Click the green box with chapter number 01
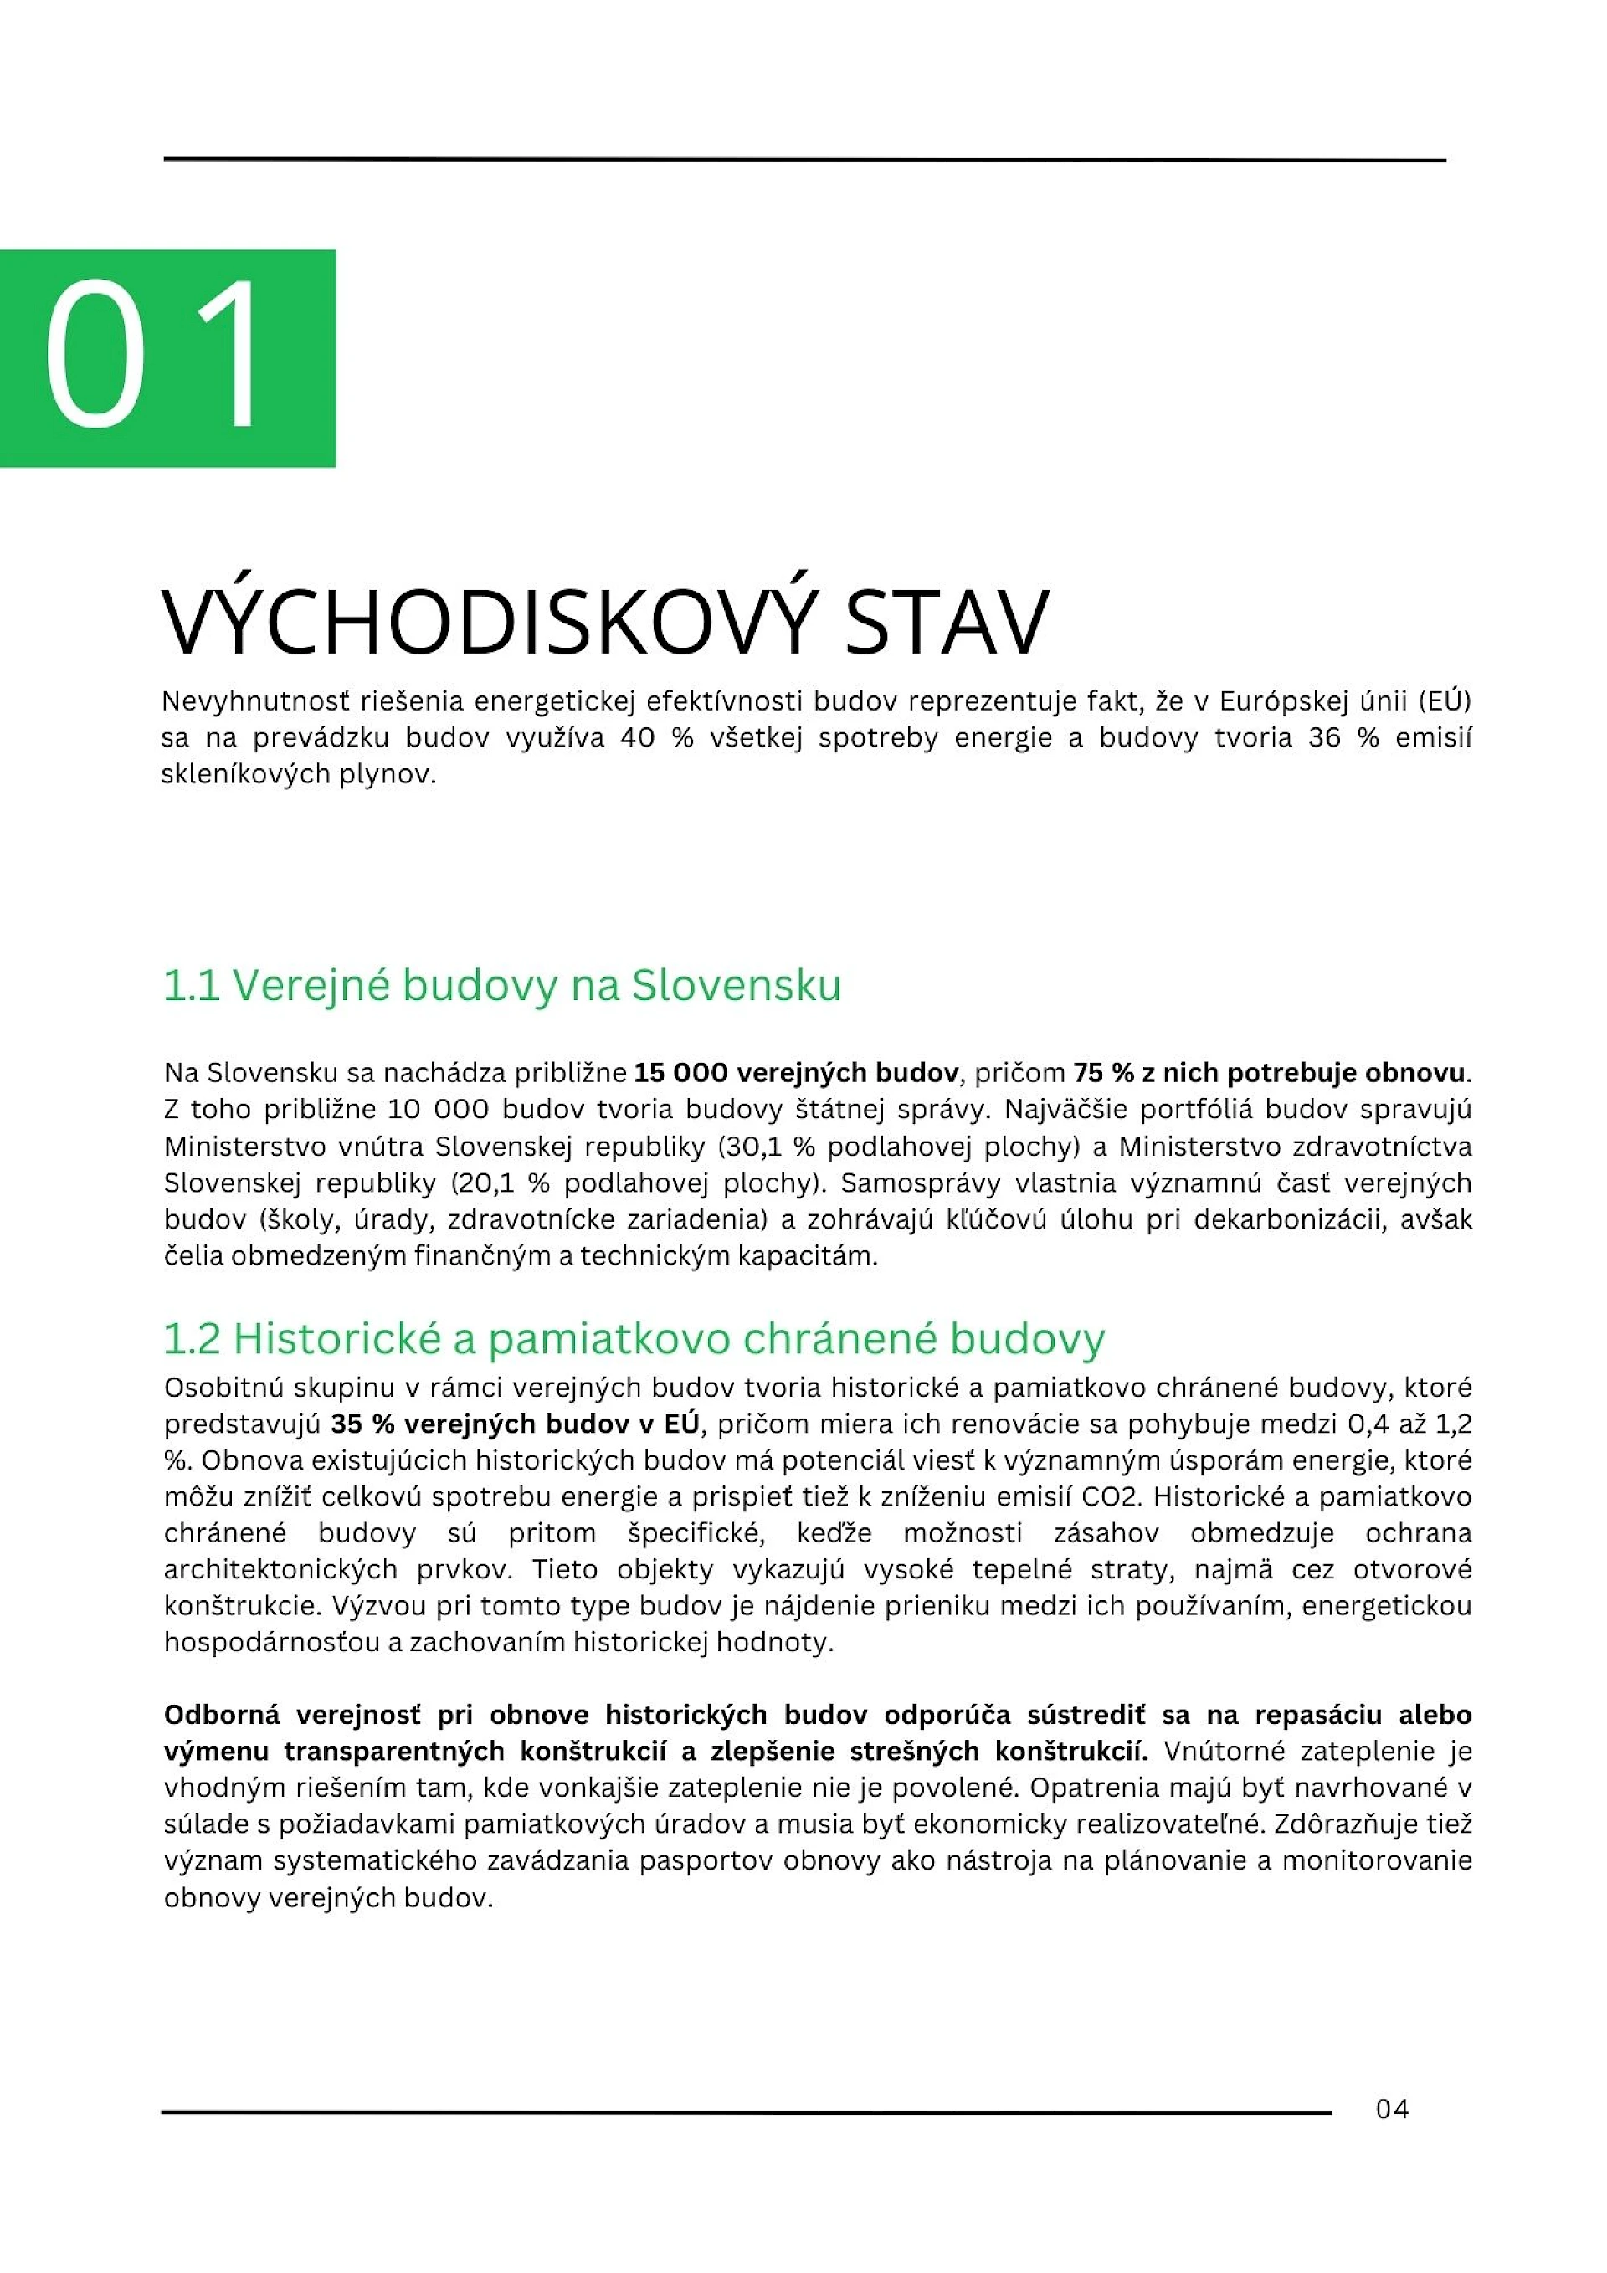coord(167,357)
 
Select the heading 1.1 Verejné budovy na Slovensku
coord(501,985)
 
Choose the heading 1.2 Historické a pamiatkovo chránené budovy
coord(634,1338)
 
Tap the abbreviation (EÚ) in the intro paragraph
coord(1444,702)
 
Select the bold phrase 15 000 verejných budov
coord(796,1073)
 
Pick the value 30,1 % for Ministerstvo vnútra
coord(768,1147)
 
